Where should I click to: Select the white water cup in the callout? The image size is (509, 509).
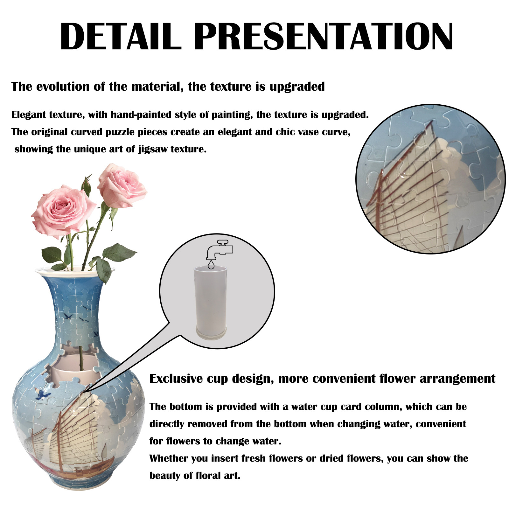tap(211, 302)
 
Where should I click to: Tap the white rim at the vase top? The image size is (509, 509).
tap(75, 271)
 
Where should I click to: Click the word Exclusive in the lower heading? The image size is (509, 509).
tap(176, 379)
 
